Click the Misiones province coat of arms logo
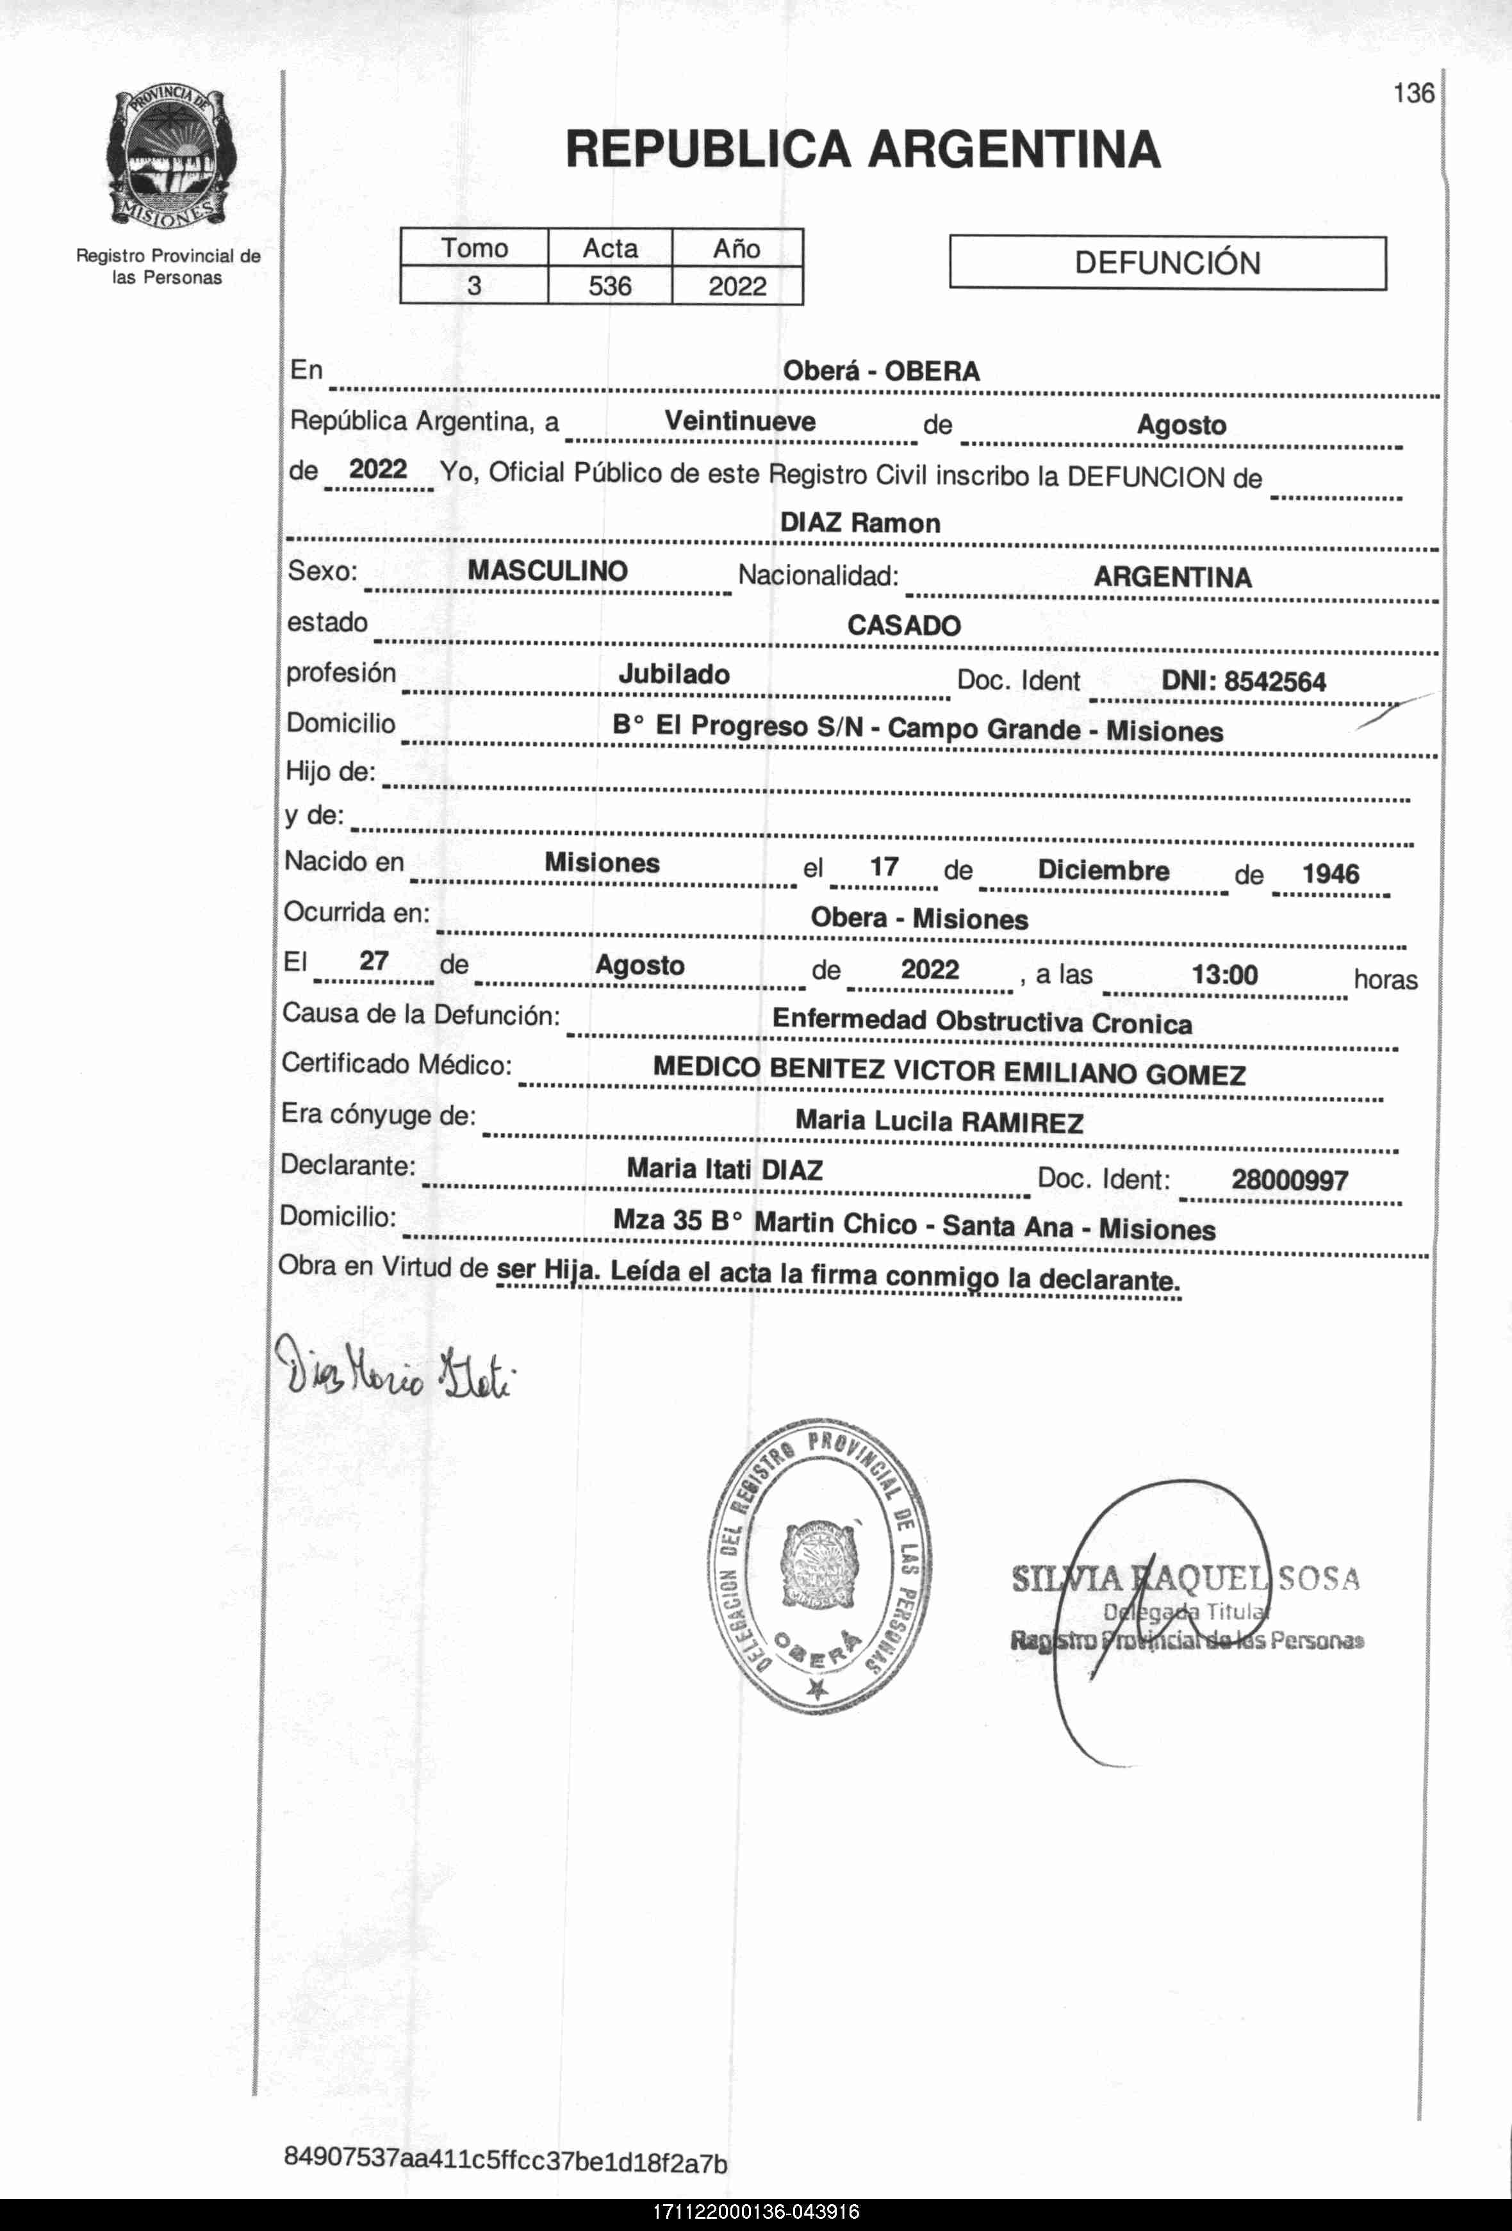[x=169, y=158]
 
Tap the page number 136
[x=1413, y=93]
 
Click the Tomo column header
[x=474, y=248]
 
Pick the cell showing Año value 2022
[x=737, y=286]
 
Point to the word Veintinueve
[x=739, y=422]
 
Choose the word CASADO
[x=903, y=626]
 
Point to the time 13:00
[x=1224, y=975]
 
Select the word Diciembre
[x=1103, y=871]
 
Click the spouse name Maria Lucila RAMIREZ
[x=939, y=1121]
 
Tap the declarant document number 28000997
[x=1289, y=1180]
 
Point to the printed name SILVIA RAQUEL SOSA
[x=1185, y=1578]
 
